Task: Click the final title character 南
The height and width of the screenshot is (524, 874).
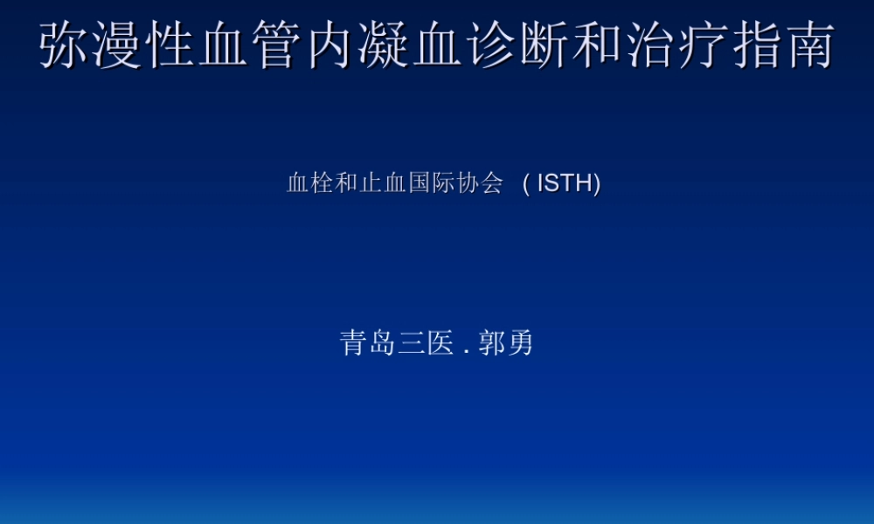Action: click(x=810, y=45)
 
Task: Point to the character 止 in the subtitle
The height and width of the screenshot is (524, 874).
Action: click(x=371, y=183)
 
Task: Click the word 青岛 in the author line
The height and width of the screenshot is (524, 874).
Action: click(x=368, y=343)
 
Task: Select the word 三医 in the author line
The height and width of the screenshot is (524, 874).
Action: click(x=426, y=343)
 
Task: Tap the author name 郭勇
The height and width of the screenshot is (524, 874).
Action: click(x=506, y=343)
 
